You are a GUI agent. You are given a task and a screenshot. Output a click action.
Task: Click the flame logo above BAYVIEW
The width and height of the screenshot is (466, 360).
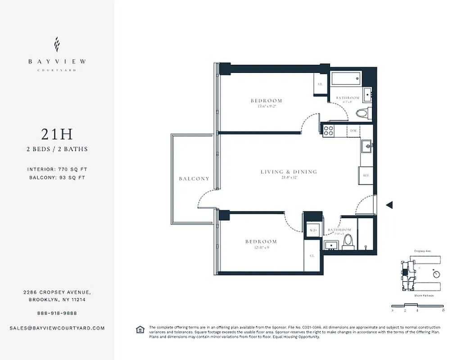click(x=57, y=45)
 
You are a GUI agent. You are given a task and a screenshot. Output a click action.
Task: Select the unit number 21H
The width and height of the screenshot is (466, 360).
click(x=57, y=134)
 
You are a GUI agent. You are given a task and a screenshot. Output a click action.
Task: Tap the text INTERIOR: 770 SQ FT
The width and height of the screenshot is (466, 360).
click(x=57, y=169)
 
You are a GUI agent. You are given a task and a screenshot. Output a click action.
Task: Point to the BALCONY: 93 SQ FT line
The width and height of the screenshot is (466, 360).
click(x=57, y=177)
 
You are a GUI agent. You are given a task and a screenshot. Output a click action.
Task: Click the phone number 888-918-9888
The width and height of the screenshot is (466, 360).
click(x=57, y=313)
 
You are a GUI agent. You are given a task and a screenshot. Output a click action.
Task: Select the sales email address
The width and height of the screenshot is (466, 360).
click(x=57, y=328)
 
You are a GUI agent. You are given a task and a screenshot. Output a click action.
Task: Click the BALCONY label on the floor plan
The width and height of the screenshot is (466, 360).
click(x=194, y=179)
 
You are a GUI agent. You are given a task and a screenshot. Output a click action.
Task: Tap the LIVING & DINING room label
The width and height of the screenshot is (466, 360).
click(x=289, y=172)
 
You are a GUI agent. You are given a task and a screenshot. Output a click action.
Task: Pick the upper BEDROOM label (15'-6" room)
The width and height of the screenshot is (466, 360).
click(x=267, y=101)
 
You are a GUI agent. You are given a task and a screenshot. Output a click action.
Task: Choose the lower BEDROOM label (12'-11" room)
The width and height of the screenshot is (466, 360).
click(x=261, y=242)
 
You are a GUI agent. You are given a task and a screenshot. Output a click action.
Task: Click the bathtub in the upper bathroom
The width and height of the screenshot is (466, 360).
click(x=346, y=79)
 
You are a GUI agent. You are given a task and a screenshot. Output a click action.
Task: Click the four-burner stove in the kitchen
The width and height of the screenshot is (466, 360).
click(x=328, y=130)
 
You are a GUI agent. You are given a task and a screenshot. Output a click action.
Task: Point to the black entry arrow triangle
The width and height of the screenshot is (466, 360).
click(x=389, y=205)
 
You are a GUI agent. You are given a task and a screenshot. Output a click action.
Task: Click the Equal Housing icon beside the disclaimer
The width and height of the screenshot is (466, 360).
click(x=140, y=330)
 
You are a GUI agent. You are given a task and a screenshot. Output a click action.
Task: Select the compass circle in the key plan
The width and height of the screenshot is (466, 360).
click(x=435, y=274)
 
